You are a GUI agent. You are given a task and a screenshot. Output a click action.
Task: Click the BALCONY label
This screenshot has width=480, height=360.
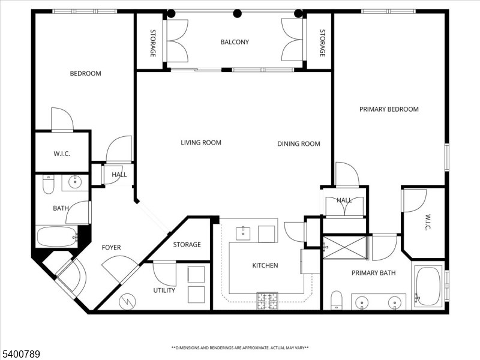coord(235,42)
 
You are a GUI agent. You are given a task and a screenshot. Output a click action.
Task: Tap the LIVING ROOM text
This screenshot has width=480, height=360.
coord(201,143)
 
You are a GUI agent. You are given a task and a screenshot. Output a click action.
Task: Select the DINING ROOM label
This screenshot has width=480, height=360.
coord(298,144)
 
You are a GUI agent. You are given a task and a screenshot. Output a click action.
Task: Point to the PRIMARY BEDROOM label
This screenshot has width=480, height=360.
coord(389,109)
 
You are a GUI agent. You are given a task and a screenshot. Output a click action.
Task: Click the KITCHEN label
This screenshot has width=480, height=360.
coord(265,265)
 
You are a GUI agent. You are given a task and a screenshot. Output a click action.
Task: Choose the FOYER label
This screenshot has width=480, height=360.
coord(111,247)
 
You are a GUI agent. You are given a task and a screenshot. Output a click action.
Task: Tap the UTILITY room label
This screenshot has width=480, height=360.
coord(164,290)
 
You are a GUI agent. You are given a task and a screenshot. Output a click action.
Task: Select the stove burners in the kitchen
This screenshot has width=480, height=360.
coord(267,301)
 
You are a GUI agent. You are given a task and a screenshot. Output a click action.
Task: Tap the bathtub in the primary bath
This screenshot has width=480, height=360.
coord(428,286)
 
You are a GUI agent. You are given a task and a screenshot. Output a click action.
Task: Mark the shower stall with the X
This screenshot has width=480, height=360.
coord(344,247)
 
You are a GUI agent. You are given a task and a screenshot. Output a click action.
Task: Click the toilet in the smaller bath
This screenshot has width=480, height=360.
coord(49,184)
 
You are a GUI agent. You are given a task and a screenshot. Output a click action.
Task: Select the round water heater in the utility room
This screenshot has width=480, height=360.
coord(128,302)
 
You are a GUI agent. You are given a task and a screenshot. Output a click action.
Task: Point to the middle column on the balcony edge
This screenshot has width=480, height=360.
coord(238,13)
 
